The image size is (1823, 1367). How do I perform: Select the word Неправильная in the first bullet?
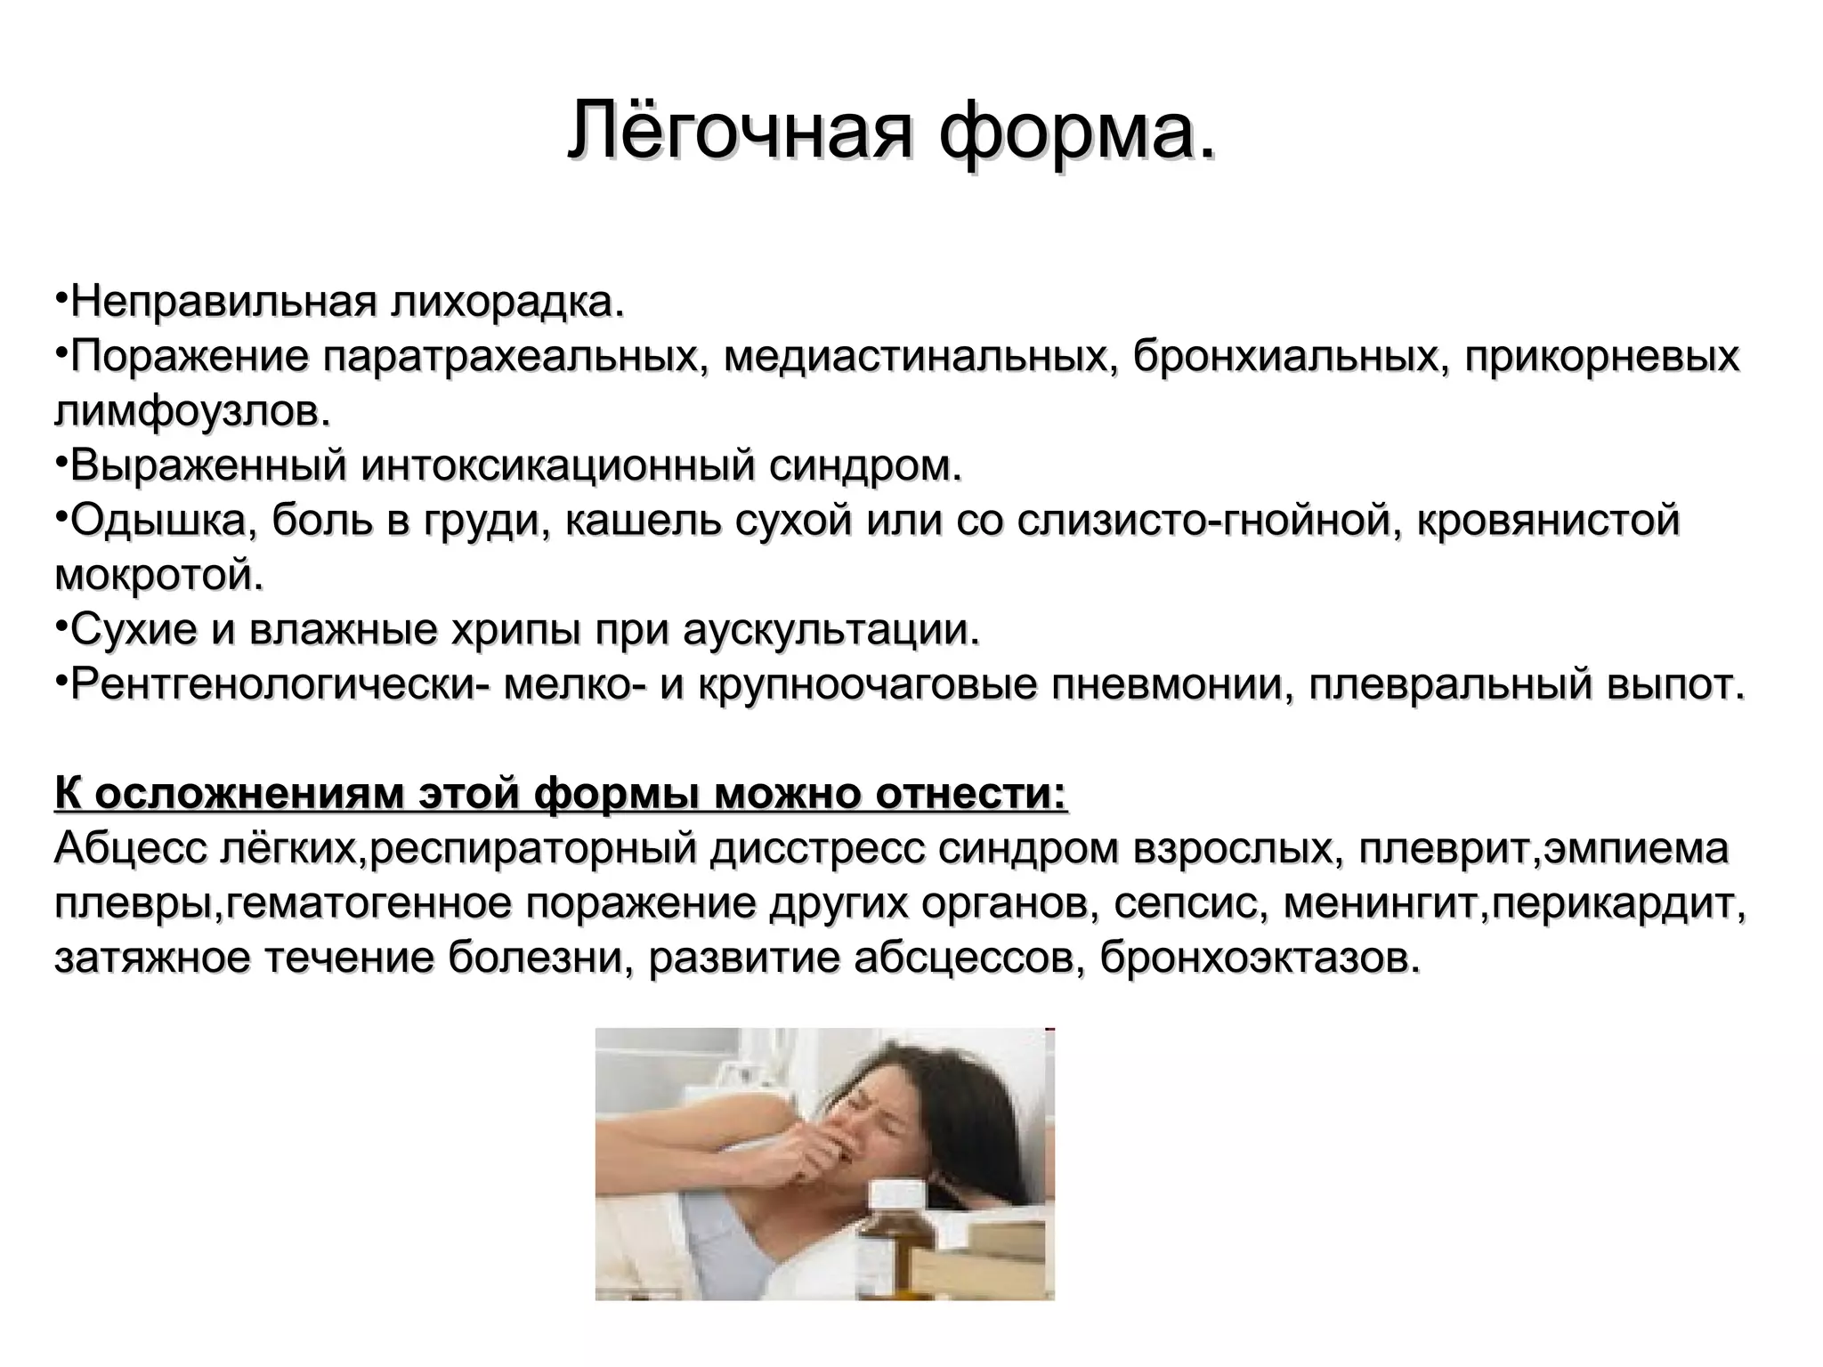point(223,303)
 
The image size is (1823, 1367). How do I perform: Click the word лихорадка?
point(507,303)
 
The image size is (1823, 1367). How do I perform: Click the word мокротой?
point(160,576)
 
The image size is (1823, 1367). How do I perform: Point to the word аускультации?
point(831,630)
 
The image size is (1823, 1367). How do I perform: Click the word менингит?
point(1383,904)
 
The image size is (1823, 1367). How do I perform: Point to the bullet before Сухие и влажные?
point(61,627)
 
